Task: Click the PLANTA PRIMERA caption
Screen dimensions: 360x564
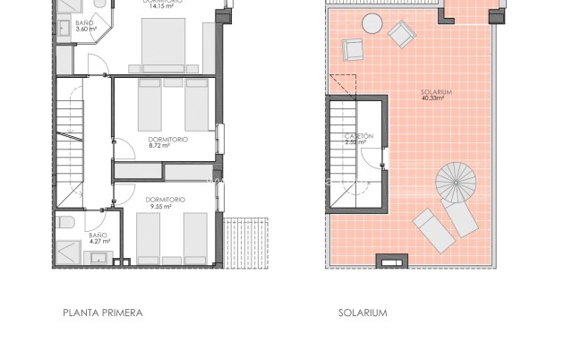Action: pos(103,313)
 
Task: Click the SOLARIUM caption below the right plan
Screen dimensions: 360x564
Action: pos(363,313)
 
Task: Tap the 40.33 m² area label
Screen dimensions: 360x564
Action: pos(435,98)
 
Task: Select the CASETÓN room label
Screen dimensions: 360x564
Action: pos(359,135)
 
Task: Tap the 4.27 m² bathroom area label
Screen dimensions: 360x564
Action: pos(98,241)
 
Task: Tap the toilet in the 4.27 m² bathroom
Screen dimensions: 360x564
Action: pos(64,223)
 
